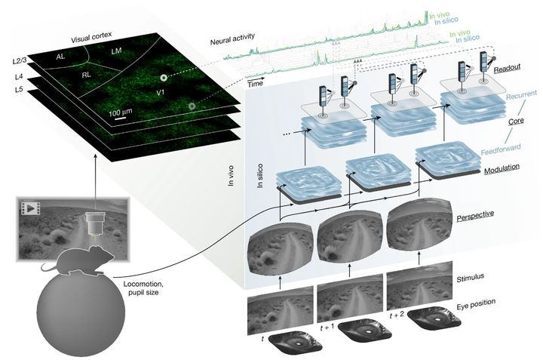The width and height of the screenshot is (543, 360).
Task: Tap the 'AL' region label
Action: tap(60, 57)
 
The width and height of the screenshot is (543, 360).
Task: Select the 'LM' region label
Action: tap(115, 51)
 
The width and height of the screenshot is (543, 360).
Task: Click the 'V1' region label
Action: tap(160, 93)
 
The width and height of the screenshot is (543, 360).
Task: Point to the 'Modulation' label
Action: tap(485, 173)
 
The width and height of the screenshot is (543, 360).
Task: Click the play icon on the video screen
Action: tap(32, 207)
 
